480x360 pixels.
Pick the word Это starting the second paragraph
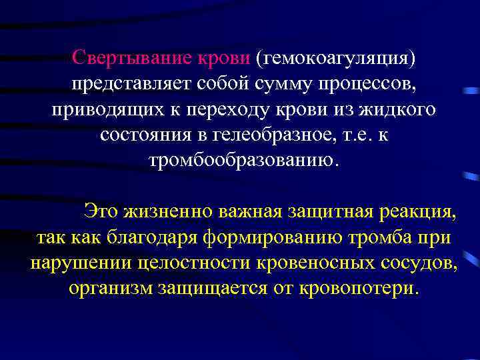coord(99,212)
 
